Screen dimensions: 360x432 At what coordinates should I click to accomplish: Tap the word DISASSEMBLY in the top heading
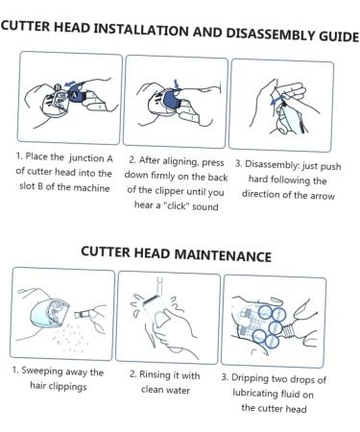pos(271,34)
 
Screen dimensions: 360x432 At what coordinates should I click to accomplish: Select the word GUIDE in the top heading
pos(339,36)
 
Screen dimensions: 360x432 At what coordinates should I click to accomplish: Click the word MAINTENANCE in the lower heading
pos(224,255)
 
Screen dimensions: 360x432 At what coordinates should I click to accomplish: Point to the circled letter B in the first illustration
pos(58,86)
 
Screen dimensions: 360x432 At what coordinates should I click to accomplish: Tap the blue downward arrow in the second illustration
pos(177,84)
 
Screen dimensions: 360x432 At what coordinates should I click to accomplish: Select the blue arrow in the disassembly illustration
pos(275,101)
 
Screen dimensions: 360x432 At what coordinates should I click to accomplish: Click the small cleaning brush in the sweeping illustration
pos(83,314)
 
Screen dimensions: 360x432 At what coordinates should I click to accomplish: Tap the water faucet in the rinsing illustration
pos(159,285)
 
